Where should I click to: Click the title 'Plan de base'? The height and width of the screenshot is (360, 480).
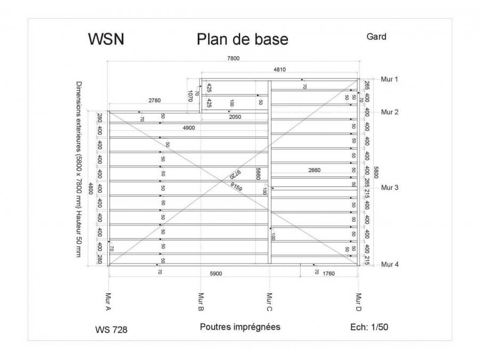coord(242,39)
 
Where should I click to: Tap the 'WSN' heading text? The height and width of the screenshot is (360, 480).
coord(106,39)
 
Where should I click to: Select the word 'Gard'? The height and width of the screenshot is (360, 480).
coord(376,37)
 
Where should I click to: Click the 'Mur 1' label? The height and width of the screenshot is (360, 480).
coord(390,79)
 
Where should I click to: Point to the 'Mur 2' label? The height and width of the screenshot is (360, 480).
coord(390,112)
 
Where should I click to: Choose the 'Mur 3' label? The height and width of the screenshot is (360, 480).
coord(390,187)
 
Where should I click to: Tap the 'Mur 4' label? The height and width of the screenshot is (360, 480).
coord(390,265)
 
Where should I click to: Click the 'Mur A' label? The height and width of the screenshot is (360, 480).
coord(108,302)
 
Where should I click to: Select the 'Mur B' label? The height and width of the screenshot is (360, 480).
coord(201,302)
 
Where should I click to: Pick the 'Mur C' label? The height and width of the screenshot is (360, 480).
coord(269,302)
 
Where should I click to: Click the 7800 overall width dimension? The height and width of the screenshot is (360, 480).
coord(233,59)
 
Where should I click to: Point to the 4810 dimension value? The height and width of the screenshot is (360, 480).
coord(280,69)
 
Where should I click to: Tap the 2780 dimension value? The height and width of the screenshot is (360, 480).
coord(155,100)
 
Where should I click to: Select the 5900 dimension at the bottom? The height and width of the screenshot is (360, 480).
coord(215,274)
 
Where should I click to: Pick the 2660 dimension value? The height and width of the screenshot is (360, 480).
coord(315,170)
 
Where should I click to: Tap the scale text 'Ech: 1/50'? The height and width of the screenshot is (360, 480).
coord(369,327)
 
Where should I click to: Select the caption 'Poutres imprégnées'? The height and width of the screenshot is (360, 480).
coord(240,327)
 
